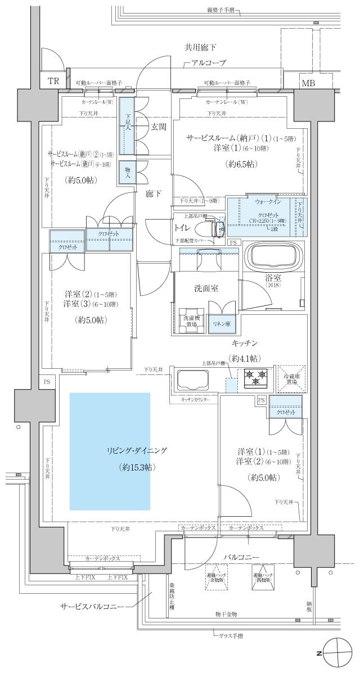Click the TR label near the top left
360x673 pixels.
coord(53,81)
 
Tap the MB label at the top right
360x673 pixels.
coord(308,84)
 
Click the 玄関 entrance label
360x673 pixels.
coord(158,127)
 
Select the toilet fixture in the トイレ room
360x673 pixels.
coord(209,228)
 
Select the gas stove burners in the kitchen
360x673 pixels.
coord(255,377)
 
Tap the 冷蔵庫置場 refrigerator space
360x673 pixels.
coord(291,377)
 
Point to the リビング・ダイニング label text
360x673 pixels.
coord(138,451)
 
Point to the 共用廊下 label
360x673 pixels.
coord(200,49)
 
